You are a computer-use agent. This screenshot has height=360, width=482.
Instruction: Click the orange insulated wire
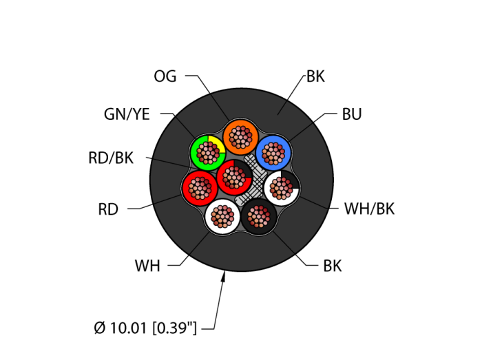[240, 136]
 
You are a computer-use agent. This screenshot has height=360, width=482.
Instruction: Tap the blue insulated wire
[273, 153]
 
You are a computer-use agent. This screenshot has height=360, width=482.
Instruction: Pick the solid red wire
[200, 188]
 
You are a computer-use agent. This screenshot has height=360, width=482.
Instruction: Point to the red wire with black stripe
[235, 177]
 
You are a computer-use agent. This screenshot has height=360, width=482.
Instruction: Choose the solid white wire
[222, 217]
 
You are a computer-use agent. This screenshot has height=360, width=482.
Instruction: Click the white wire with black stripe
[281, 187]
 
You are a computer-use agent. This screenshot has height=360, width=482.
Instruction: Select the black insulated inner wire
[259, 216]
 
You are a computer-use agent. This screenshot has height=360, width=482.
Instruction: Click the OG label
[165, 76]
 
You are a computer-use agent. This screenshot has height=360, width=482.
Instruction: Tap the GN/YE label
[127, 114]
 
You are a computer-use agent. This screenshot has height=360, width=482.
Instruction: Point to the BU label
[352, 114]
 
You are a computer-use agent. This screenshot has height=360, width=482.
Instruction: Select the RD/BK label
[111, 158]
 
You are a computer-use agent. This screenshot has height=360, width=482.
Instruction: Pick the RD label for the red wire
[108, 209]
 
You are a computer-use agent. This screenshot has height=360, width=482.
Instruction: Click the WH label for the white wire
[147, 266]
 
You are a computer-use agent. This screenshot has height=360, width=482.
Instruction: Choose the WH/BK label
[369, 209]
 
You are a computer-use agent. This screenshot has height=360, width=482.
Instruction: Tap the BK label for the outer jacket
[315, 76]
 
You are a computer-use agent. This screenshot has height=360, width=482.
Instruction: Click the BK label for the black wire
[332, 266]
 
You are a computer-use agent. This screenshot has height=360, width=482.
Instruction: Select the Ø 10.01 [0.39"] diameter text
[145, 328]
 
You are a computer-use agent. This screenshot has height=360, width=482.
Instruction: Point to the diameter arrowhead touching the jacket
[223, 277]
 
